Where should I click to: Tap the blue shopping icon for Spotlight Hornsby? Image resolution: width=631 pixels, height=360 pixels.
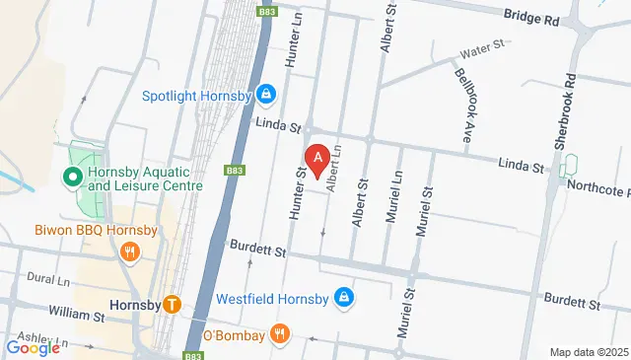click(264, 95)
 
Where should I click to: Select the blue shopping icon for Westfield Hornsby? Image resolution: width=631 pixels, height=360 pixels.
click(343, 296)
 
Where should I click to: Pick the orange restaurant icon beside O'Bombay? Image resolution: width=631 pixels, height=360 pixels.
click(281, 334)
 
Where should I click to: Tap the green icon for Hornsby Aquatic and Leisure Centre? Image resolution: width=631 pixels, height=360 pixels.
click(72, 179)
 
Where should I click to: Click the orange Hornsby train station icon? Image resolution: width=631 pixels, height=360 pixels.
click(173, 305)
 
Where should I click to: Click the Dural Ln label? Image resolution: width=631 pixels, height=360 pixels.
click(48, 279)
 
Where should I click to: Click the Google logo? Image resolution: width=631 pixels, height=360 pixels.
click(34, 347)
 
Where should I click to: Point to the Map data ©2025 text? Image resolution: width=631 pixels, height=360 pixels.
click(588, 352)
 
